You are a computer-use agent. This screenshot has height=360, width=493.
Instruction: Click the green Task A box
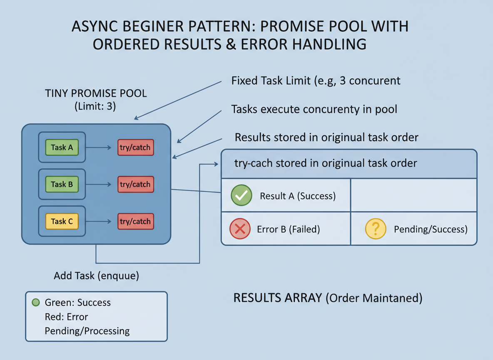[62, 147]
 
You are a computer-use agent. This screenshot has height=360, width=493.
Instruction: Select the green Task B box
[62, 184]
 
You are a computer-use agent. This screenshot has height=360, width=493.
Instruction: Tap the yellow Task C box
[62, 221]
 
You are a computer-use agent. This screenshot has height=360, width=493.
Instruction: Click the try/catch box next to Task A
[135, 147]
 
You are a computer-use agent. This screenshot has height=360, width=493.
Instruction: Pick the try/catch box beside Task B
[135, 184]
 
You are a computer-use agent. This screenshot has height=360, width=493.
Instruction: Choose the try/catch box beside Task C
[135, 221]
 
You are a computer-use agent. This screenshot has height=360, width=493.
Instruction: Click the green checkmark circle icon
[242, 195]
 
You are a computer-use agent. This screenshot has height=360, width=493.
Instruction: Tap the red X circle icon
[240, 229]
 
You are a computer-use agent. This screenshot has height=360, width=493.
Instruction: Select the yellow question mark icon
[376, 229]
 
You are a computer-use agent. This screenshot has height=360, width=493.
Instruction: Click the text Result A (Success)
[298, 196]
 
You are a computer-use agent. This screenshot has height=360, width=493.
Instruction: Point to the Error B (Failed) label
[288, 230]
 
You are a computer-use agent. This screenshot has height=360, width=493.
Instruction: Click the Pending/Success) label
[431, 230]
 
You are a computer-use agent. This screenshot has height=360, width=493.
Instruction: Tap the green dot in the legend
[36, 302]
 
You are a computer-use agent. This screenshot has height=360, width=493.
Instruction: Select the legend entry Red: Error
[66, 317]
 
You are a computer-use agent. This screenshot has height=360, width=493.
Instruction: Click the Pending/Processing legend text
[87, 331]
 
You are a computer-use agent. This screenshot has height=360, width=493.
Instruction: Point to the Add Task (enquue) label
[96, 276]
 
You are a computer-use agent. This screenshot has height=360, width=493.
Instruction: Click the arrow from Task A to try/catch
[98, 147]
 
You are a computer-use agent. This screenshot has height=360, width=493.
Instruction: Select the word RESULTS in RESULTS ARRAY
[278, 297]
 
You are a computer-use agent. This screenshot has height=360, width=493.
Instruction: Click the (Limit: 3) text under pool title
[95, 106]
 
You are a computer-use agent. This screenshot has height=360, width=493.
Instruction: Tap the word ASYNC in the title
[95, 26]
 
